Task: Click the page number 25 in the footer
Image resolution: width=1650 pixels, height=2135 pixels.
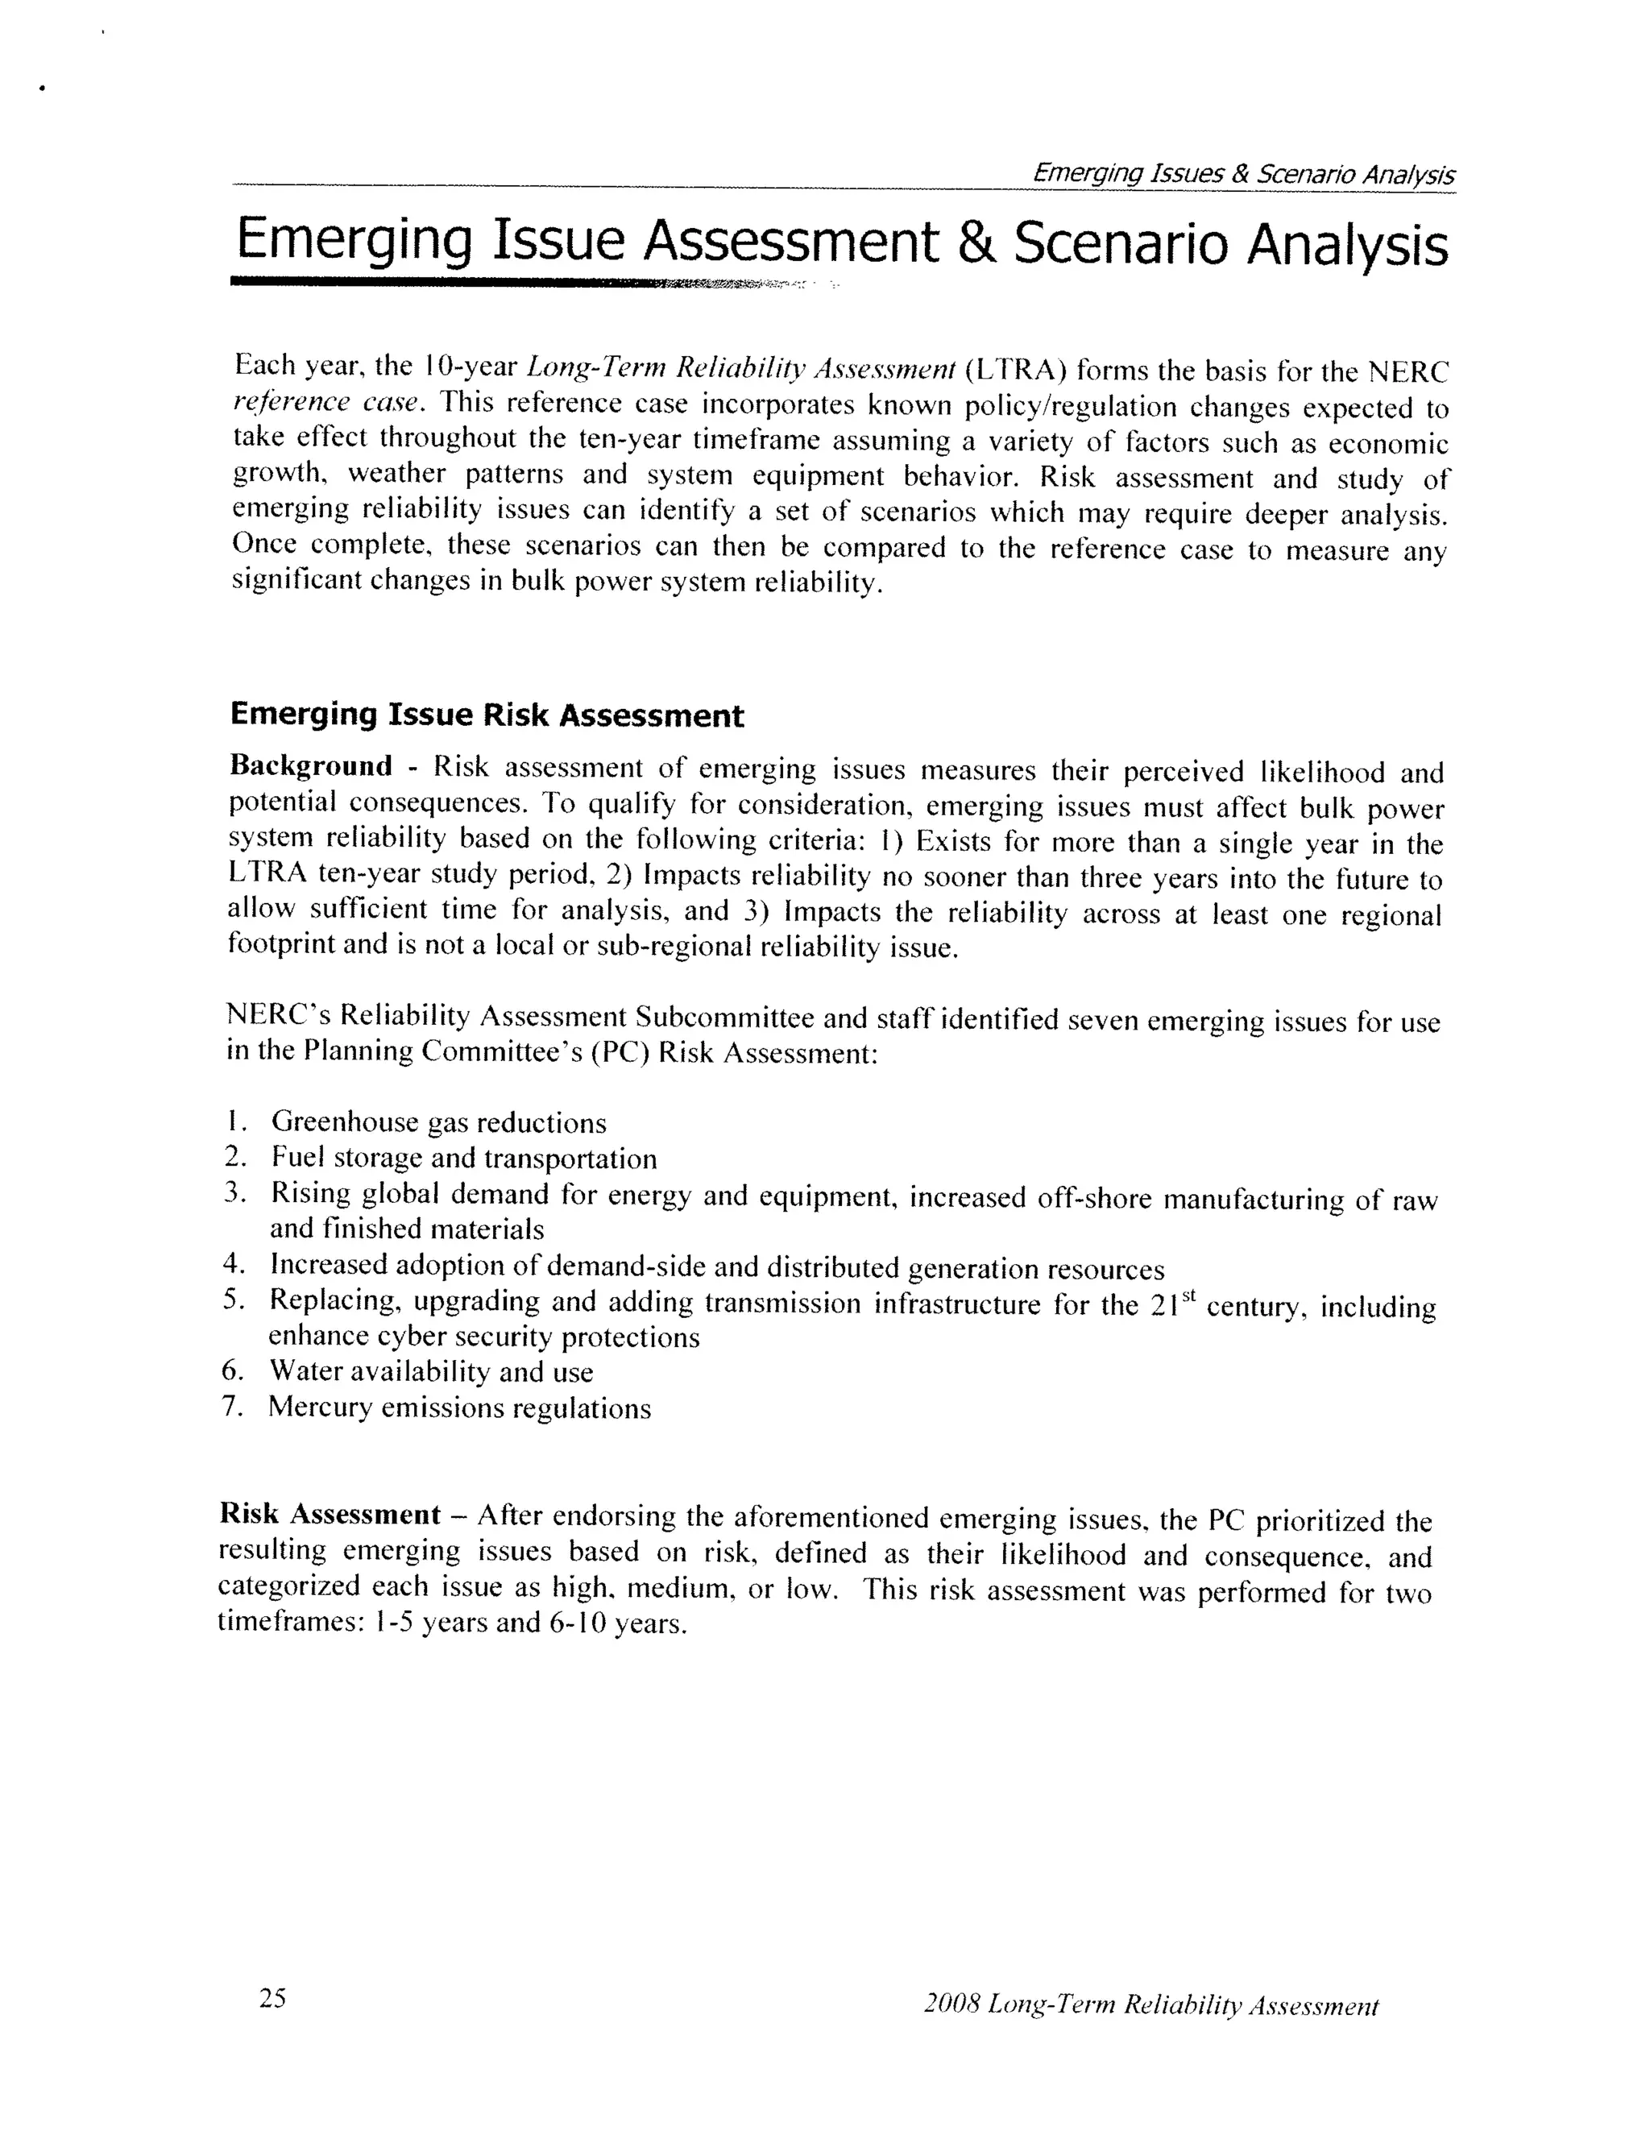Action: coord(273,1997)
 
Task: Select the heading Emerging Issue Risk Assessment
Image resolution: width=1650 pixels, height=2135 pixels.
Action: coord(487,715)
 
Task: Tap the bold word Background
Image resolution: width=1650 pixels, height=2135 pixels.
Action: coord(311,765)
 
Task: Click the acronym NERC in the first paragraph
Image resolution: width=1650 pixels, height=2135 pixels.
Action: coord(1407,372)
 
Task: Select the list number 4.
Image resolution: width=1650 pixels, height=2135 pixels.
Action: coord(232,1263)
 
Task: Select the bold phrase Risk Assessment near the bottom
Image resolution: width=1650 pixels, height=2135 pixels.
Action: coord(330,1515)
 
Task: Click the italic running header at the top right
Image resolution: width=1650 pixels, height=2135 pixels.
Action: coord(1243,174)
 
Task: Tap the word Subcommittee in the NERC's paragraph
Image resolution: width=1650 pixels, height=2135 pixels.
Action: coord(723,1017)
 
